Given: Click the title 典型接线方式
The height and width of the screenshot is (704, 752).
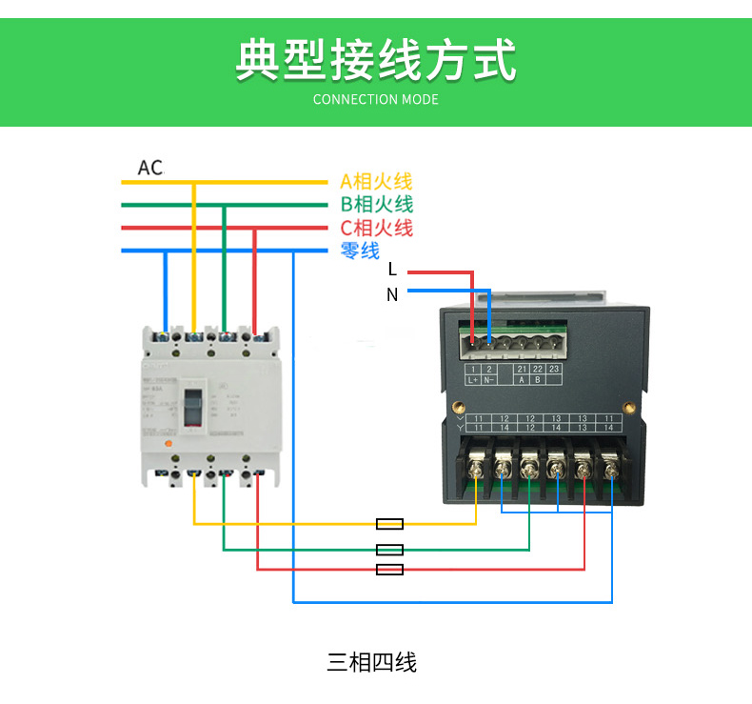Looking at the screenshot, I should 375,59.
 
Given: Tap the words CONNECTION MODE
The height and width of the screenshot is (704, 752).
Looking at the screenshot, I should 375,99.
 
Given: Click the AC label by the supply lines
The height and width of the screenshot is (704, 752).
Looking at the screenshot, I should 150,168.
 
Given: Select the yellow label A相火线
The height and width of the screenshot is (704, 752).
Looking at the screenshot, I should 376,181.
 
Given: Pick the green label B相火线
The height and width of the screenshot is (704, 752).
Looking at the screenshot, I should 376,204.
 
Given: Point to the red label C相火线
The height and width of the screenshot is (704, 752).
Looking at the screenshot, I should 376,228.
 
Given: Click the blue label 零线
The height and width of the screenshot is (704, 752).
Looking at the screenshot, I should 360,251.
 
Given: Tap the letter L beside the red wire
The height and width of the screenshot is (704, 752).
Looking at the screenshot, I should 392,272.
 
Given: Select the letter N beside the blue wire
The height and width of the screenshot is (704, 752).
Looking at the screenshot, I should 392,294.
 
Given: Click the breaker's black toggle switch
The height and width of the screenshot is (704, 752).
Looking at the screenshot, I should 194,407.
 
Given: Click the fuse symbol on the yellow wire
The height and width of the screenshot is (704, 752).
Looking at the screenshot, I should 390,524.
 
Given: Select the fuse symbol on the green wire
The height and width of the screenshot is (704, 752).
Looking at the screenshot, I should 390,550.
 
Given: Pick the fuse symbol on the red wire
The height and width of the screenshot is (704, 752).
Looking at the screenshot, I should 390,570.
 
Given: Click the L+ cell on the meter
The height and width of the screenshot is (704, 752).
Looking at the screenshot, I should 473,379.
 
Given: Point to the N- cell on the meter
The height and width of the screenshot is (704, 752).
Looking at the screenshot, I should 489,379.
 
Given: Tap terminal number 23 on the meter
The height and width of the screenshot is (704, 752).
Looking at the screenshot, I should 554,369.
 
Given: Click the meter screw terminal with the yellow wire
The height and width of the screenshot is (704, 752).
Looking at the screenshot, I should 476,469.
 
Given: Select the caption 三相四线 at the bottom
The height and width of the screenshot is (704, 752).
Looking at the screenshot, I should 372,662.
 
